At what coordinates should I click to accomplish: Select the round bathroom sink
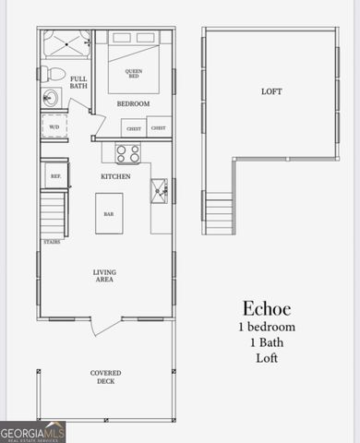[x=51, y=98]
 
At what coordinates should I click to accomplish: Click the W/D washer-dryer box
[x=54, y=127]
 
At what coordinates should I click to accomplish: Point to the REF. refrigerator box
[x=54, y=175]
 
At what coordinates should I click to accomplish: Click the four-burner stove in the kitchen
[x=127, y=153]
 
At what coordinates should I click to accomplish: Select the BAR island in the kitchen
[x=108, y=213]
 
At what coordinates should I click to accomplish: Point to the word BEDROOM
[x=133, y=104]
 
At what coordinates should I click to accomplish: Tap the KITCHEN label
[x=115, y=176]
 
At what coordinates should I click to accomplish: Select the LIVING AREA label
[x=105, y=276]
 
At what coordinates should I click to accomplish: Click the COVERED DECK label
[x=105, y=377]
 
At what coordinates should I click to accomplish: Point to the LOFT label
[x=271, y=91]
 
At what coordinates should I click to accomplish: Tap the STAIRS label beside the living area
[x=53, y=243]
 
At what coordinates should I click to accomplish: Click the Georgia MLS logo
[x=33, y=432]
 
